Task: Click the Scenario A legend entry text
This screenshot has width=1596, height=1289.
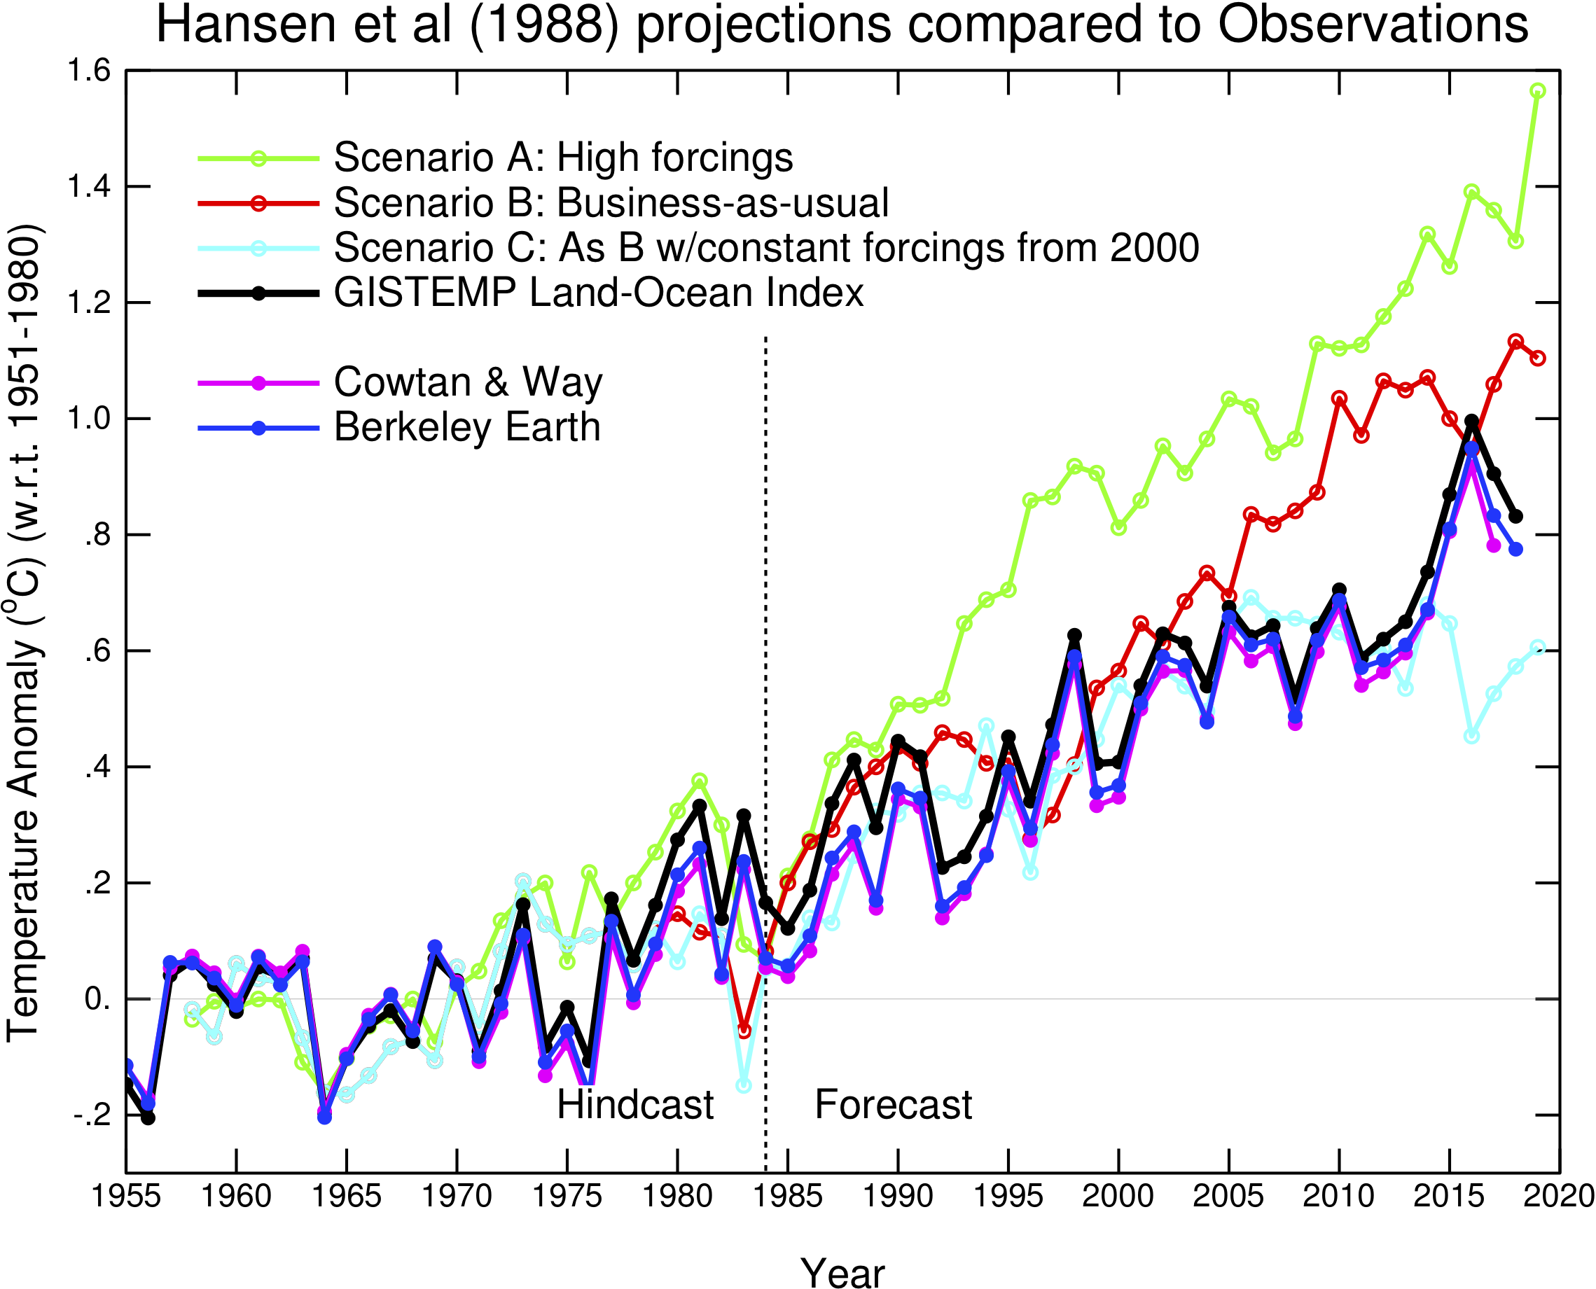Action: pos(563,158)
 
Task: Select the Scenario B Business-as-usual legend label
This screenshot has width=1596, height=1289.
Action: pos(611,203)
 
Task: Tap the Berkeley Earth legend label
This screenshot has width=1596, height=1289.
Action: pos(466,427)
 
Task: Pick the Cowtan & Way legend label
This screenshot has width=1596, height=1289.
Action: pos(468,382)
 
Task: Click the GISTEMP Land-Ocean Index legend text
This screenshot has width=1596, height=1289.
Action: pos(598,293)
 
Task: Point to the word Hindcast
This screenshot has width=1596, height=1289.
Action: pos(635,1105)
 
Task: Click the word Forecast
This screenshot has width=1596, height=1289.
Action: pos(893,1105)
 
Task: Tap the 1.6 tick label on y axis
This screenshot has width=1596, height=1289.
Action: pos(88,71)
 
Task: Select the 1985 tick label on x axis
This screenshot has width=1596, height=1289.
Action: pos(787,1196)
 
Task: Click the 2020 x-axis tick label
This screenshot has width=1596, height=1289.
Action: pos(1558,1196)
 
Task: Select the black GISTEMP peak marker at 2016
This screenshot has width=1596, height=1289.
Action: pos(1472,421)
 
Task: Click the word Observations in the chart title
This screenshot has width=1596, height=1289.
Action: pos(1373,25)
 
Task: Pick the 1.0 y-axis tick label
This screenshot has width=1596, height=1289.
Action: pos(88,419)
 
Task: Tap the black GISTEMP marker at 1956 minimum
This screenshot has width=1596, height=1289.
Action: pos(148,1118)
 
